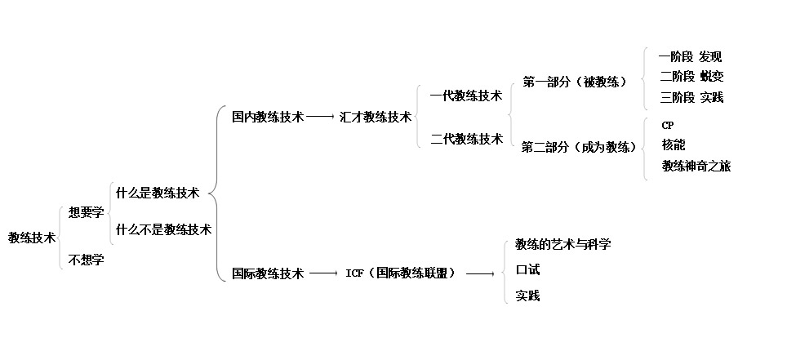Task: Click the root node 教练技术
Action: (32, 238)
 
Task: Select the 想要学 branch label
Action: (86, 212)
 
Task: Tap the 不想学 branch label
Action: (86, 260)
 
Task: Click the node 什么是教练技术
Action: (158, 193)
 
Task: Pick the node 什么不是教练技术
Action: (163, 229)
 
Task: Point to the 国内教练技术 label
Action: (268, 117)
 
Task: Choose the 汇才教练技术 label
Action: (376, 117)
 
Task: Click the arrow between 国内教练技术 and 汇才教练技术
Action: (321, 118)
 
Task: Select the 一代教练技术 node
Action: (466, 96)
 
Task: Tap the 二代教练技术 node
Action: (466, 139)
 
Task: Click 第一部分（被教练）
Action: (575, 82)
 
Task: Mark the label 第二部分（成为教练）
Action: (580, 147)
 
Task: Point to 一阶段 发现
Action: (691, 57)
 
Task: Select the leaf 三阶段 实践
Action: (691, 97)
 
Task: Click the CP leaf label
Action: (668, 125)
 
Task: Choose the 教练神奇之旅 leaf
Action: (696, 166)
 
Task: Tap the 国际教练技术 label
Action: (268, 273)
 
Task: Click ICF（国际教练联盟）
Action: (401, 273)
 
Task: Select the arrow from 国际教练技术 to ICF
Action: (323, 273)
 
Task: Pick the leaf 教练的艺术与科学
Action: (563, 244)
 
